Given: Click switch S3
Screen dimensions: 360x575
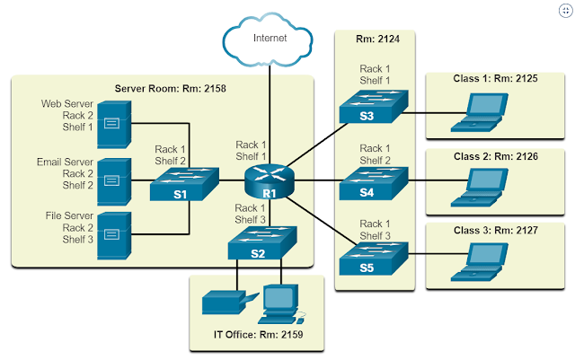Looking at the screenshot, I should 368,110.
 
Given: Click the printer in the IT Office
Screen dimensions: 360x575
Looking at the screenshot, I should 223,303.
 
